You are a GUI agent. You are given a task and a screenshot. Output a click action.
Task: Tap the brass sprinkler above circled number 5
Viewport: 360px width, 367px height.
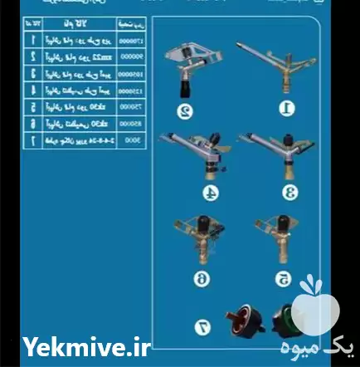[271, 242]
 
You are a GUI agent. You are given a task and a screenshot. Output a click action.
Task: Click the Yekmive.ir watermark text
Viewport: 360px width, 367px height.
[88, 348]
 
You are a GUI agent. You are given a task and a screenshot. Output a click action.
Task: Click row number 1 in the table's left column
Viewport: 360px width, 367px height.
[32, 39]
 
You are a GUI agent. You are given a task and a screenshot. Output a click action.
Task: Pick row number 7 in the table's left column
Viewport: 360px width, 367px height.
[32, 141]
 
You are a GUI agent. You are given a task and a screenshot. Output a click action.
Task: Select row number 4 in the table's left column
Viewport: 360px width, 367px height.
[32, 91]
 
